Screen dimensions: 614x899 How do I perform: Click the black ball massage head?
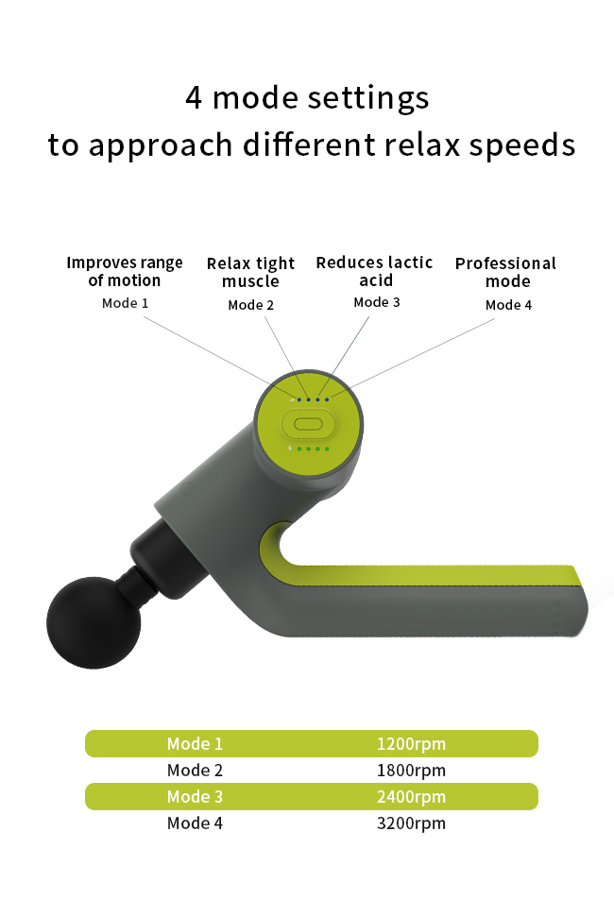point(94,622)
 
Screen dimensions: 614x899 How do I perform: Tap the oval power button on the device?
point(309,425)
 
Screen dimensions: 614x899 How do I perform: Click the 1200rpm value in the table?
point(411,743)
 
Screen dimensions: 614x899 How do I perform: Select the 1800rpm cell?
point(411,770)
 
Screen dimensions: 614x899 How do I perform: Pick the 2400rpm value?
point(411,796)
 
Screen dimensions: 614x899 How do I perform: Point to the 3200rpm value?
point(411,823)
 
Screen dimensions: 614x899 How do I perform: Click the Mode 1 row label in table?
point(195,743)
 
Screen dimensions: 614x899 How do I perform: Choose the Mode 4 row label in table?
point(195,823)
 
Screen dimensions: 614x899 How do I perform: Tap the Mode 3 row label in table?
point(195,796)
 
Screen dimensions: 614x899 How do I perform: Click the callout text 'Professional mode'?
point(505,272)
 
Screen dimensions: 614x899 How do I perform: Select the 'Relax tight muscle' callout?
point(250,272)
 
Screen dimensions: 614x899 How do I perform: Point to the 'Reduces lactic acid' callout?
point(374,271)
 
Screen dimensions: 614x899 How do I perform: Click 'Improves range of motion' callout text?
point(125,271)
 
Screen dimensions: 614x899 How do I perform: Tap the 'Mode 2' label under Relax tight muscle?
point(251,305)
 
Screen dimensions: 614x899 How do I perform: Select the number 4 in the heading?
point(194,97)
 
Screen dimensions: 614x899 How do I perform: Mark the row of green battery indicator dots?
point(313,449)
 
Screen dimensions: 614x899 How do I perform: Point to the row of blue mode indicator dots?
point(313,399)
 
